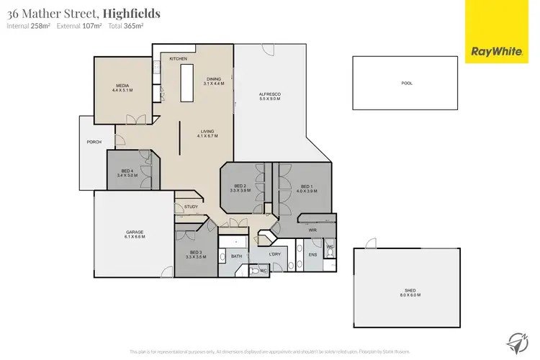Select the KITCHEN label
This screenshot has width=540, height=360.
pos(178,58)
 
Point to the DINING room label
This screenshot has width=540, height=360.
pos(214,78)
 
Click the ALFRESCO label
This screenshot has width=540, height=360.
pos(269,94)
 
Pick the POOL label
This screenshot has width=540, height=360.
pos(406,84)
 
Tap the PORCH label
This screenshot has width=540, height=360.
pos(94,142)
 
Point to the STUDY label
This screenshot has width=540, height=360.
pos(191,207)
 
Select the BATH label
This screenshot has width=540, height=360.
pos(236,256)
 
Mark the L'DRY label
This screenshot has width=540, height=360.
pos(274,255)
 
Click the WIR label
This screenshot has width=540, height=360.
pos(313,230)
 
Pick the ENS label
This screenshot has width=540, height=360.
pos(312,255)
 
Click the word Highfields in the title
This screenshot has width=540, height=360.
pos(132,13)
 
